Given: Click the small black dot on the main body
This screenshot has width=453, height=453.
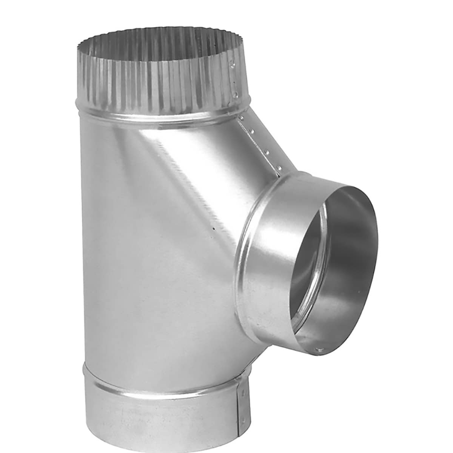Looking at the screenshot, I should [214, 228].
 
